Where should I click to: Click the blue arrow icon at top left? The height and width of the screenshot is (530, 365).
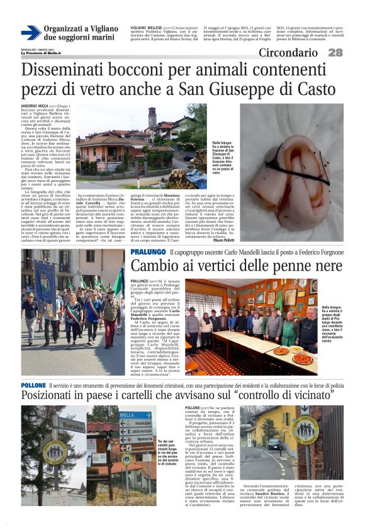(31, 33)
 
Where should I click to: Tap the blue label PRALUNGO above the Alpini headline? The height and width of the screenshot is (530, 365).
(148, 252)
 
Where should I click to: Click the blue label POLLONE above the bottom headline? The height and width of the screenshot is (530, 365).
(33, 385)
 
